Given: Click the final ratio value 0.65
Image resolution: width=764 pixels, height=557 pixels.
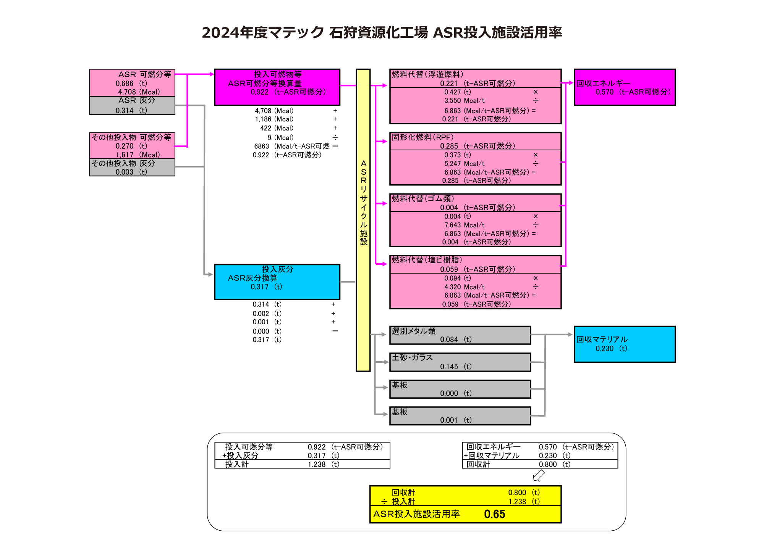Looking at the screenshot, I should [x=494, y=514].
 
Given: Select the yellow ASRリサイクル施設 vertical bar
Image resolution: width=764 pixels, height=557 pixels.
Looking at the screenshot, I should [x=363, y=220].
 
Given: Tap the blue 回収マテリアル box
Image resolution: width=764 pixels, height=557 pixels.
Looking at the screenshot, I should [x=625, y=344].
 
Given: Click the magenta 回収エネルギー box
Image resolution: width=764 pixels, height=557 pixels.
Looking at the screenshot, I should [x=625, y=87].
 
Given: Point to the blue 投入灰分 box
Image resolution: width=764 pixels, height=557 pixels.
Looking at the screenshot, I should [x=277, y=282].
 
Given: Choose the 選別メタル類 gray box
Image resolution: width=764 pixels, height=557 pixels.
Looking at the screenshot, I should [x=460, y=335].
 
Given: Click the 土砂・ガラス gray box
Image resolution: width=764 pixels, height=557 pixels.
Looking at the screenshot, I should [x=460, y=362].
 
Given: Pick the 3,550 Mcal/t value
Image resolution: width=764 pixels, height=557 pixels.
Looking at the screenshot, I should [x=464, y=101].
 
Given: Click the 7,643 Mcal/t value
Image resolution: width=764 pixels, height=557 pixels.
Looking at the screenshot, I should [x=464, y=225].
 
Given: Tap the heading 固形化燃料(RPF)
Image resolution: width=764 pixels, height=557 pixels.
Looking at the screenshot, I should [x=422, y=137].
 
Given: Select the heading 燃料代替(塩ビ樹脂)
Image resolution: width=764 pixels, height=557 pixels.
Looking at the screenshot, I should [x=427, y=260].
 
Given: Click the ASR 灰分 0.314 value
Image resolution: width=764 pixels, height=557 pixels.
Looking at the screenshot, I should [x=125, y=111].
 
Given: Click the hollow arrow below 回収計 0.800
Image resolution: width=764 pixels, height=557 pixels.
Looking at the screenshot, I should [x=539, y=475].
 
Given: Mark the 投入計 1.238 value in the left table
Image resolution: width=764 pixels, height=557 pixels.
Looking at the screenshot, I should [x=317, y=464].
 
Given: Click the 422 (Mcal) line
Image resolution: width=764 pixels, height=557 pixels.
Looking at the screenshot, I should [x=277, y=128].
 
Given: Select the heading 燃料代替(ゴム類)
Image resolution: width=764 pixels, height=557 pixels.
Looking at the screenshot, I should [x=423, y=198].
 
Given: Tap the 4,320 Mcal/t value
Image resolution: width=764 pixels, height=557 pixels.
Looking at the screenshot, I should [x=464, y=287].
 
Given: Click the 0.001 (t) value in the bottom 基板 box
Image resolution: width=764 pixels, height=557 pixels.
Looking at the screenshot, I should [x=449, y=420].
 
